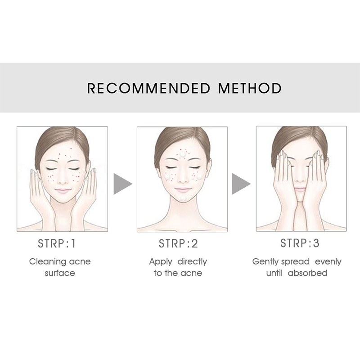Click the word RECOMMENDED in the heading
pos(148,88)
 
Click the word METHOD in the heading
pos(250,88)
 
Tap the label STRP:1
pos(57,243)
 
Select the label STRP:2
pos(178,243)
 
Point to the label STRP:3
pos(300,243)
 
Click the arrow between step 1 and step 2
pos(123,184)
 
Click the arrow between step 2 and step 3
pos(241,184)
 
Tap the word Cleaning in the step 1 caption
pos(48,262)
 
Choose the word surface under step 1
pos(60,273)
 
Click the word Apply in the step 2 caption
pos(161,262)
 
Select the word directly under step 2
pos(193,261)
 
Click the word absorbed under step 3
pos(308,273)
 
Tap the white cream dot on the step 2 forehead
pos(183,154)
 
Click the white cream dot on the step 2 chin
pos(184,198)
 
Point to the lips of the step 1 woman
pos(63,190)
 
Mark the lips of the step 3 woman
pos(300,189)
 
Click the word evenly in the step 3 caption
pos(328,262)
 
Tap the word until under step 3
pos(274,273)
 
